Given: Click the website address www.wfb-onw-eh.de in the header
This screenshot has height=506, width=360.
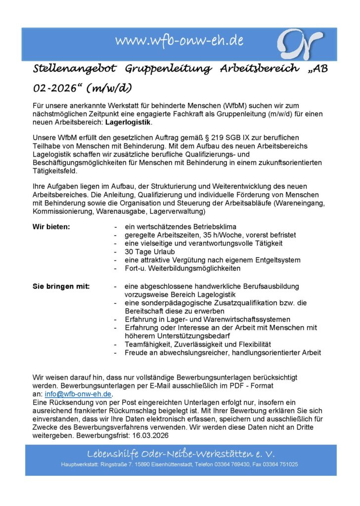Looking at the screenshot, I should pos(179,41).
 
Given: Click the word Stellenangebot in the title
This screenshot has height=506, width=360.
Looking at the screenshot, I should pos(73,69).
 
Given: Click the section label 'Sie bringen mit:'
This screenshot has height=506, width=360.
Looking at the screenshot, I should pos(61,286).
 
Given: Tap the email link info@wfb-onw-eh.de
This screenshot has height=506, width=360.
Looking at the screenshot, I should pos(78,394).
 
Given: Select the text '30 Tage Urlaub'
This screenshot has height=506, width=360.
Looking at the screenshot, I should pos(148,252).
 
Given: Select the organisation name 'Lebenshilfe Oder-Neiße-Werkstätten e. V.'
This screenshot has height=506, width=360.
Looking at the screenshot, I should pos(180,454).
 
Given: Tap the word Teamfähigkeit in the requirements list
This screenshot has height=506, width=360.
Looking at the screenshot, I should pos(149,344).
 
